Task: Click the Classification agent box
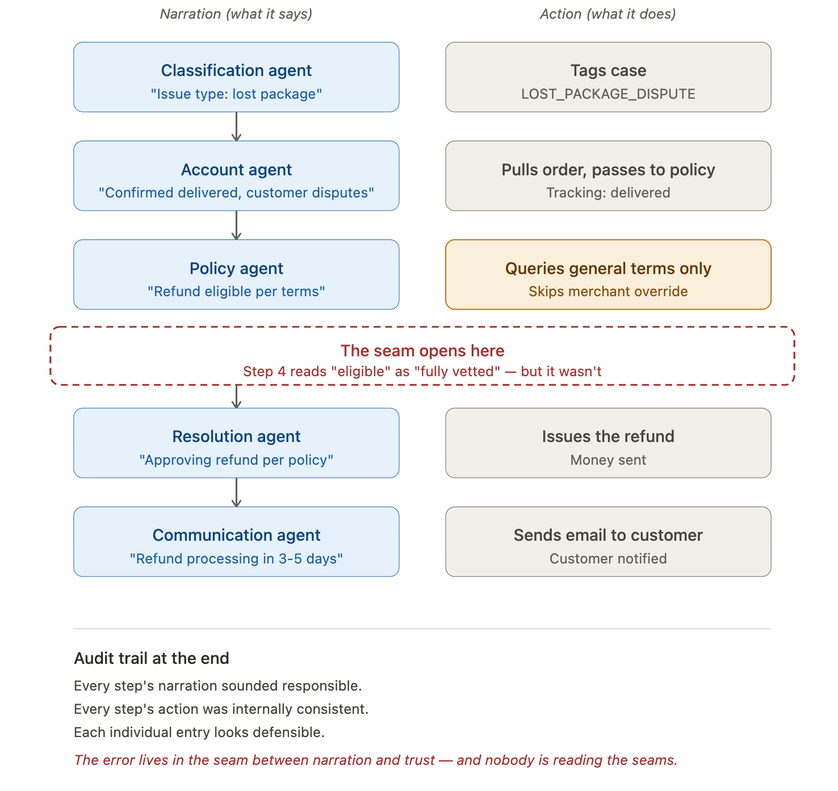(x=236, y=77)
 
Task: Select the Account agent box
(x=236, y=176)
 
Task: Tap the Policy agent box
(x=236, y=275)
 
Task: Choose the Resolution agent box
(x=236, y=443)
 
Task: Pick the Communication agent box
(x=236, y=542)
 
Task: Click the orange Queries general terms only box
(x=608, y=275)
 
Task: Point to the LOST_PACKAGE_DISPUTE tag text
(x=608, y=94)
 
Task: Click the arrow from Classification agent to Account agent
(x=237, y=127)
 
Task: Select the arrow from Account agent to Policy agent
(x=237, y=225)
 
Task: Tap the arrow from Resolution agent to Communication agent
(x=237, y=493)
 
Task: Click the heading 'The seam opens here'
(x=422, y=351)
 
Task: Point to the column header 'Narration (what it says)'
(x=236, y=14)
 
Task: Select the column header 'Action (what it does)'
(x=608, y=14)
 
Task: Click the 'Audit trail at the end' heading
(x=152, y=658)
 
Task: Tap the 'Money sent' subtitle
(x=608, y=460)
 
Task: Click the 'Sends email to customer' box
(x=608, y=542)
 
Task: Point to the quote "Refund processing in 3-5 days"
(x=236, y=559)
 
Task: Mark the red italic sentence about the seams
(x=376, y=760)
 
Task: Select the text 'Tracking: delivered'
(x=608, y=193)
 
